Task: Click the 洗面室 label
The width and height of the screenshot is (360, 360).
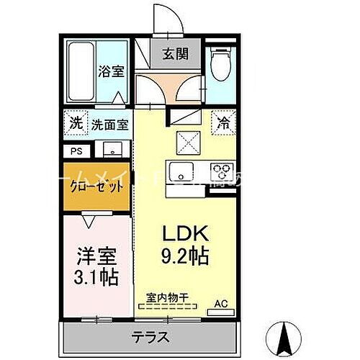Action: [x=109, y=124]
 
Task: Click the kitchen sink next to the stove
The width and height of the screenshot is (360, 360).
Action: [x=179, y=173]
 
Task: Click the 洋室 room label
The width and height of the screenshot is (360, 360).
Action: [x=96, y=255]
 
